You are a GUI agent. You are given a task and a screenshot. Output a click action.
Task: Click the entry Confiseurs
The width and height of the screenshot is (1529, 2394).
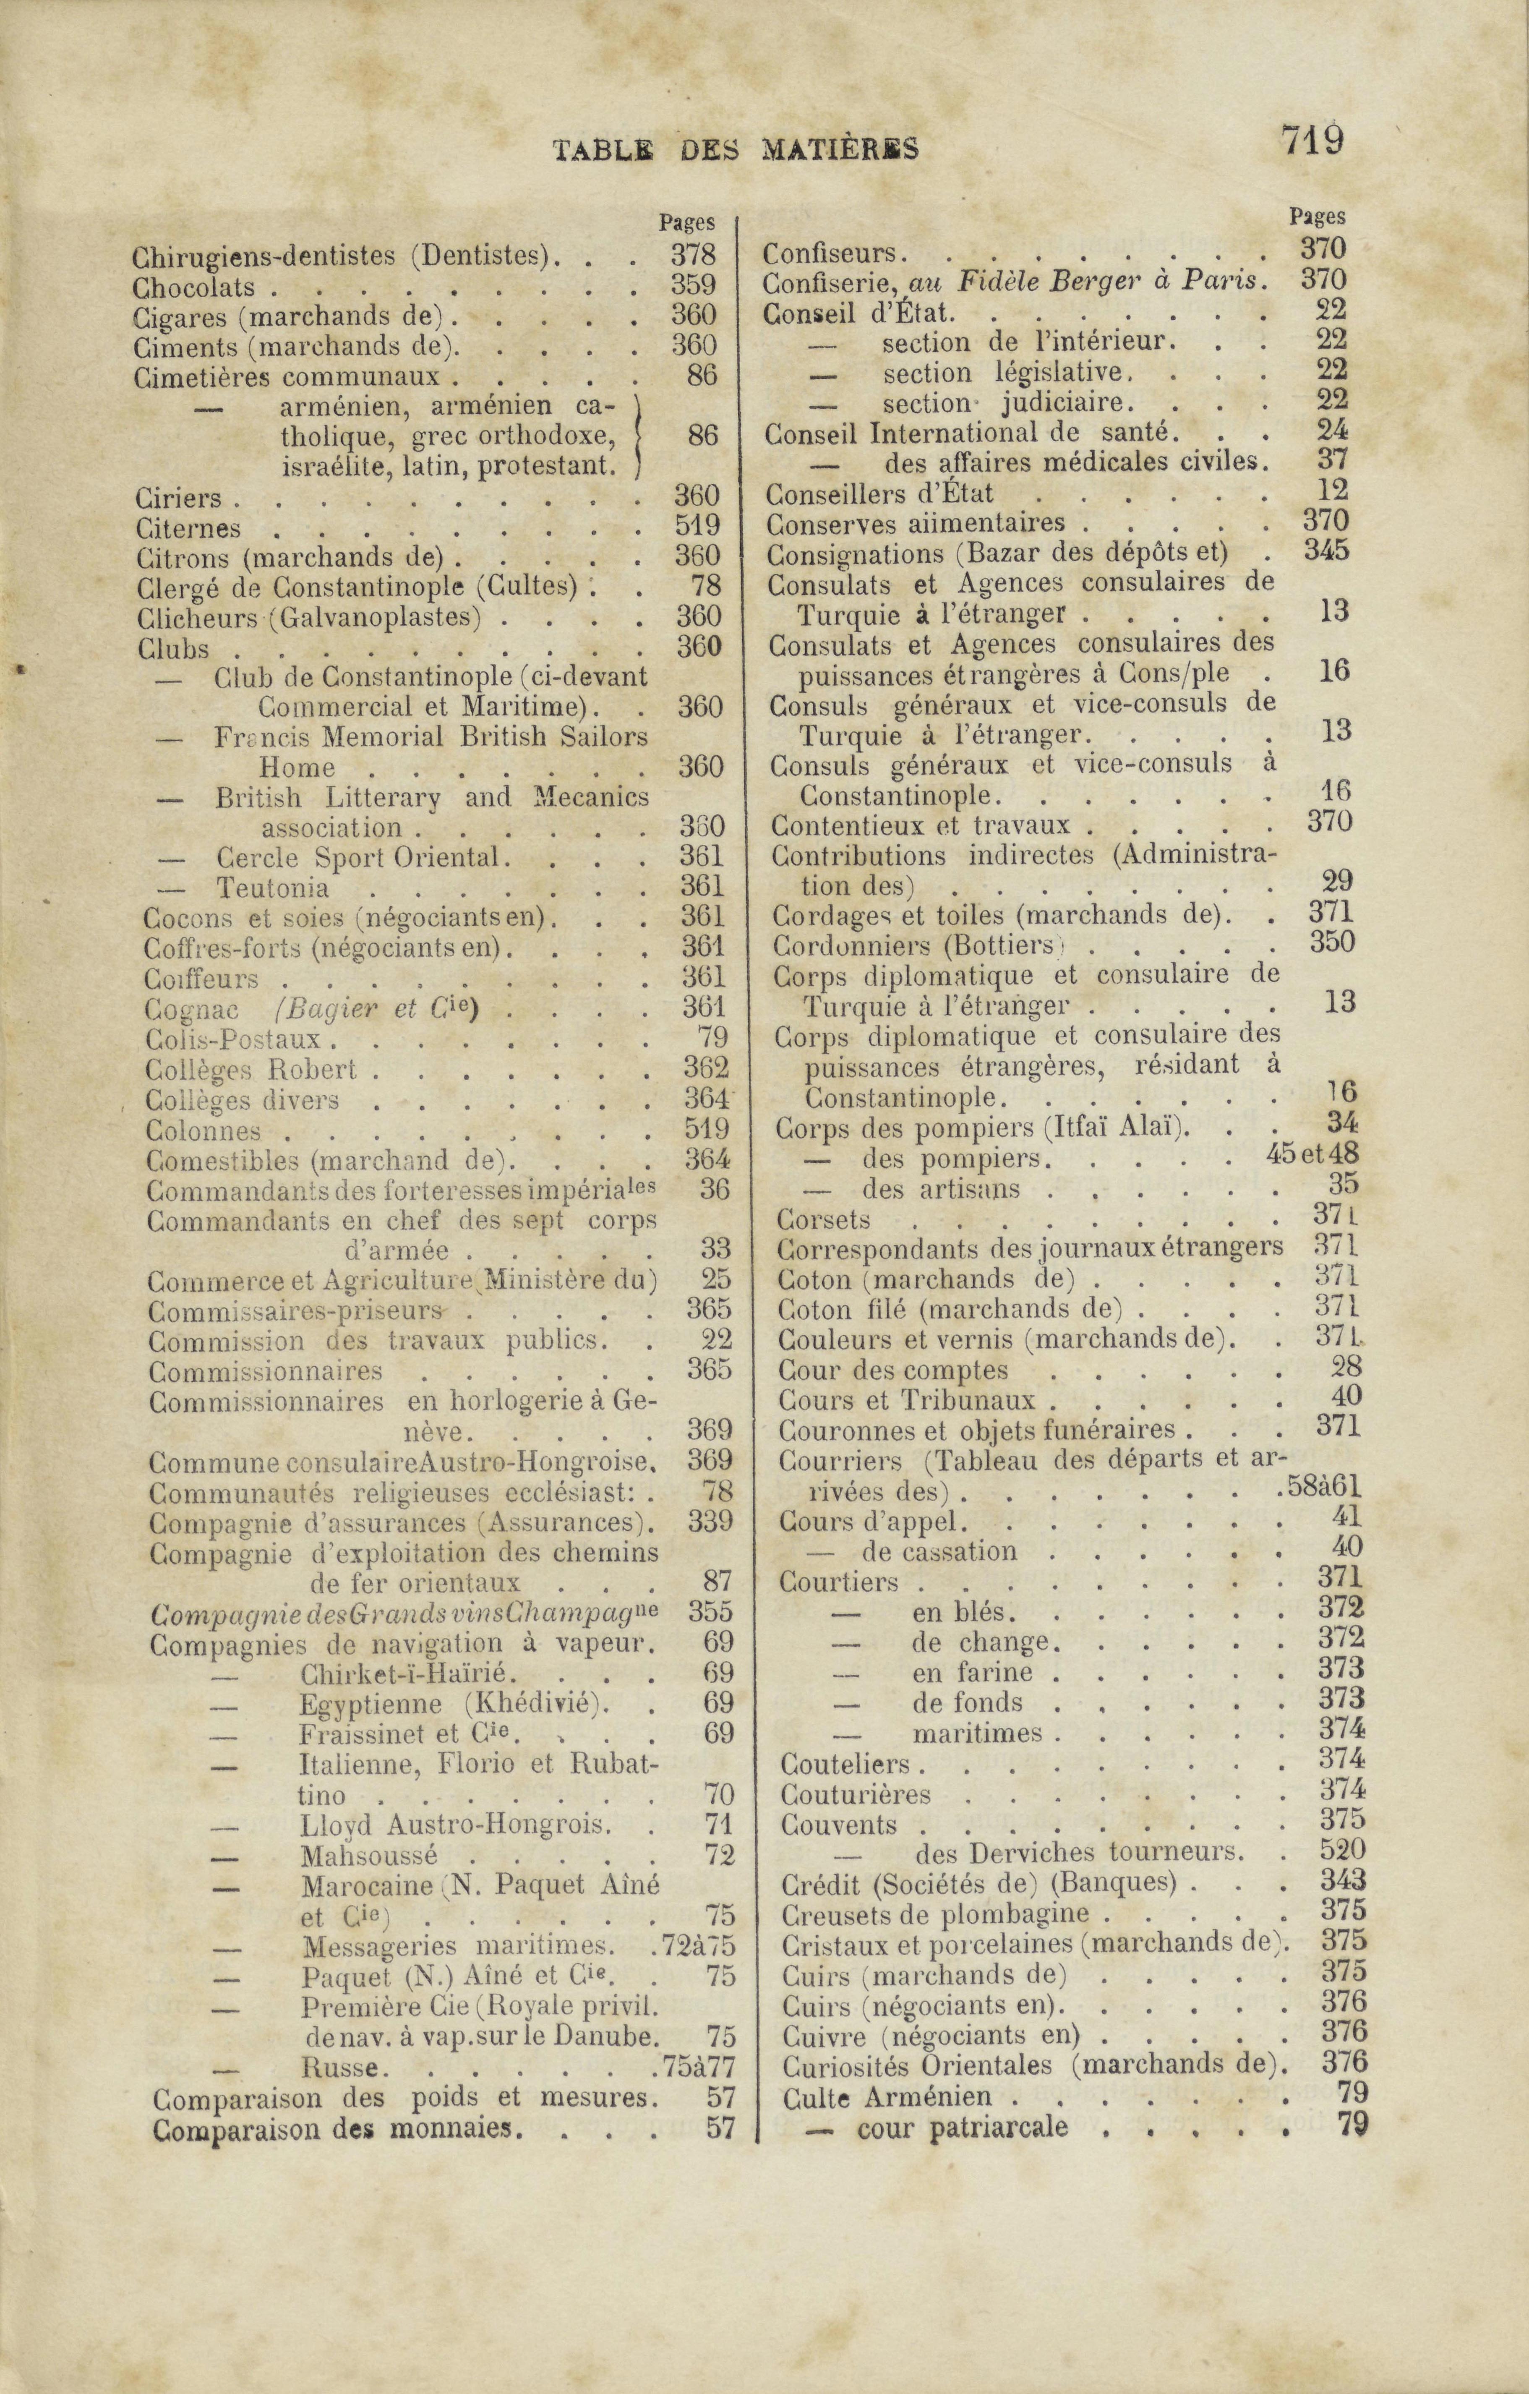click(831, 253)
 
